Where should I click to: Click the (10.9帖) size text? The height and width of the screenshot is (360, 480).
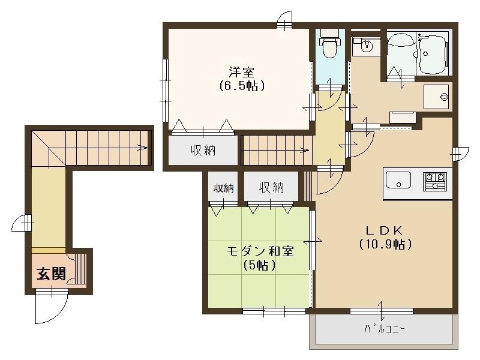[x=385, y=244]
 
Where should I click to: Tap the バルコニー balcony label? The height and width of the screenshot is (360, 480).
[x=385, y=329]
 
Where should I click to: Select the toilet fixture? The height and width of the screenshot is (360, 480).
[x=329, y=46]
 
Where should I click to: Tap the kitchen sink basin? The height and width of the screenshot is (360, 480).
[x=398, y=180]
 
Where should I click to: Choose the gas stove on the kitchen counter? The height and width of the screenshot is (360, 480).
[x=435, y=180]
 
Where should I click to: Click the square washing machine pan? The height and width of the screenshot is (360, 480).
[x=436, y=97]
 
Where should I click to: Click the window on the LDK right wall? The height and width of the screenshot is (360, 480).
[x=457, y=154]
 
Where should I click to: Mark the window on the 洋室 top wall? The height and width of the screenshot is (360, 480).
[x=284, y=22]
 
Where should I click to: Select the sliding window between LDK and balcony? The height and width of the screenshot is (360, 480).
[x=382, y=311]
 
